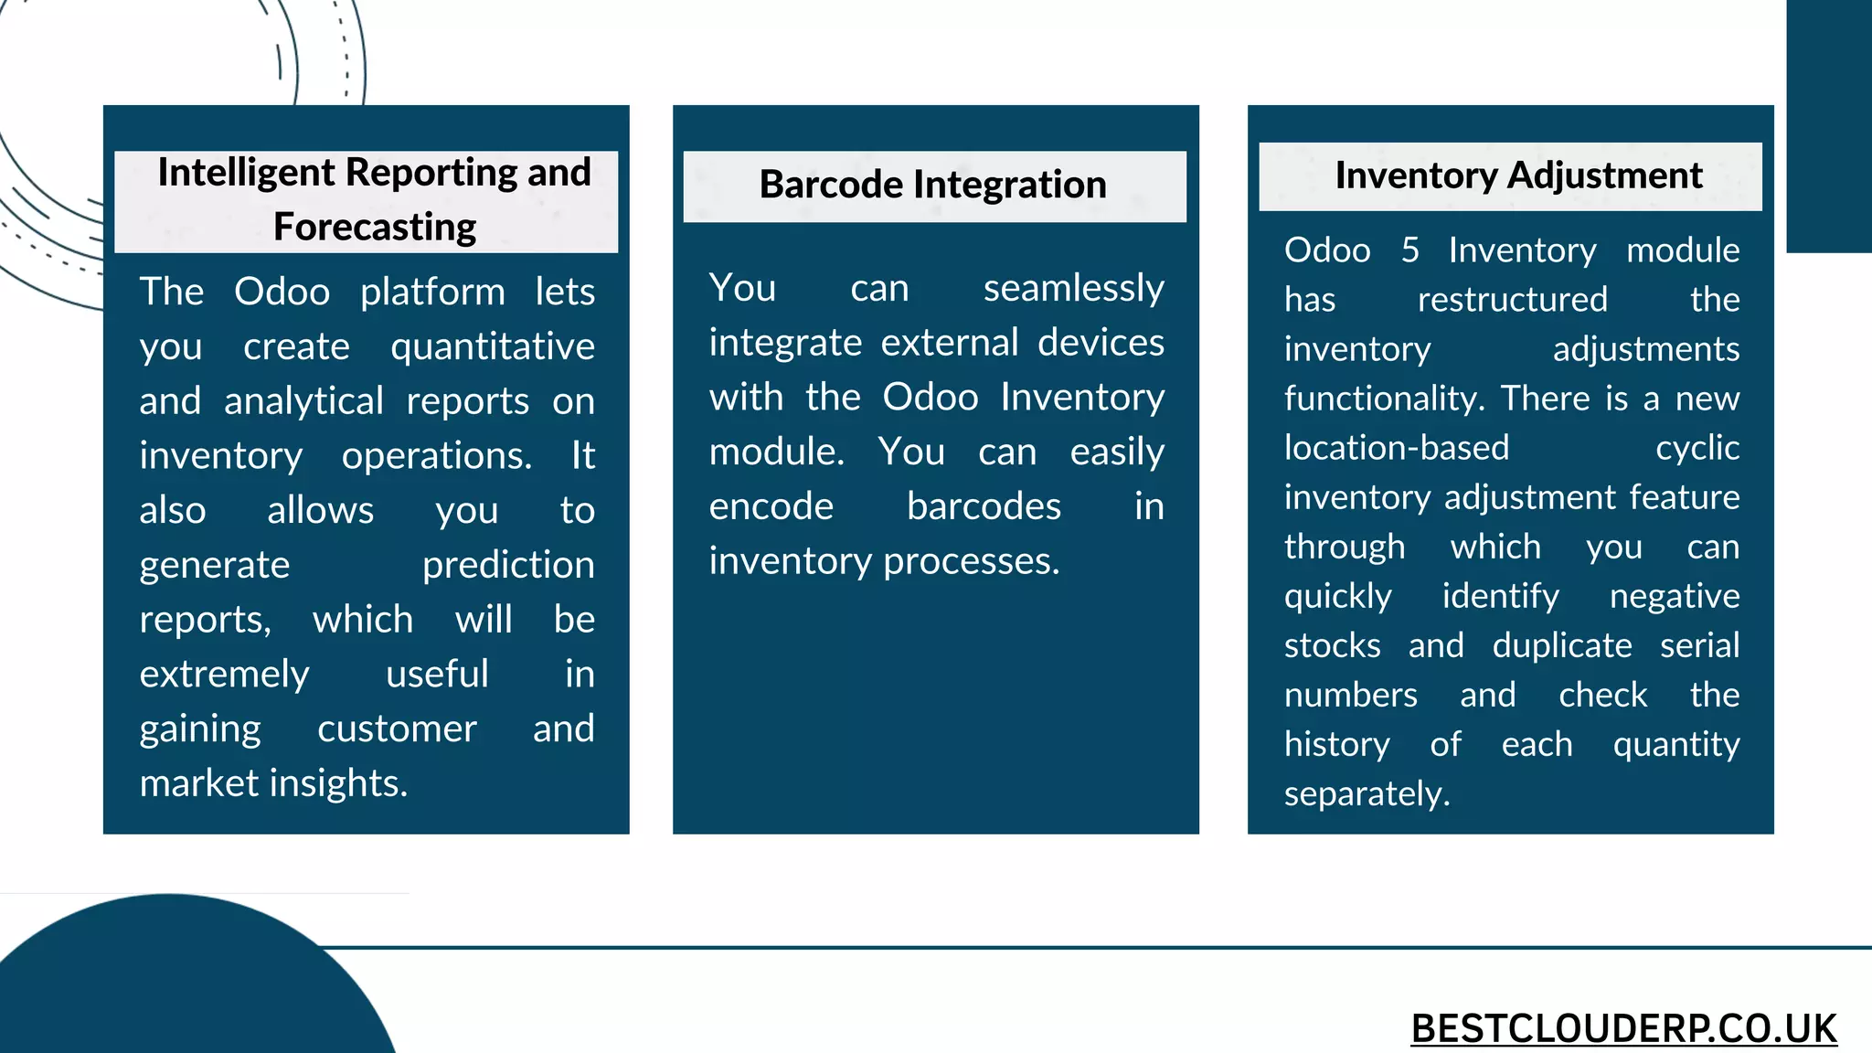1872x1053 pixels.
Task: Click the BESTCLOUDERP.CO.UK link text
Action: point(1623,1028)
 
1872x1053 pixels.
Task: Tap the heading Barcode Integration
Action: point(932,185)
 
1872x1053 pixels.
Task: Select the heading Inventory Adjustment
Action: point(1518,175)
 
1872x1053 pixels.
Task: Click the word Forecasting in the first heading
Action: point(375,227)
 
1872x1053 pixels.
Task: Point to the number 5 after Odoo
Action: point(1409,250)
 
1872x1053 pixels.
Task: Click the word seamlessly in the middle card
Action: point(1073,288)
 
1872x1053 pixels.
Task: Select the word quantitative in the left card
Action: point(492,346)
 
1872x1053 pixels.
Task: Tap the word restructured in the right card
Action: point(1512,299)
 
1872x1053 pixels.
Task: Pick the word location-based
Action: point(1396,448)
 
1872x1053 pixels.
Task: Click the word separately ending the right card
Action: point(1366,793)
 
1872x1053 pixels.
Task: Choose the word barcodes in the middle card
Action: point(984,506)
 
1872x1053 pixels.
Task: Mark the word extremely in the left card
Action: point(224,675)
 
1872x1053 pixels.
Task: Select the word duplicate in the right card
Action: point(1561,645)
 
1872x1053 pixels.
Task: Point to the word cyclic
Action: point(1696,448)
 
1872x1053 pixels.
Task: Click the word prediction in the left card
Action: point(507,566)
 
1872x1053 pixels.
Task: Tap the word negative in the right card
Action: point(1674,596)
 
